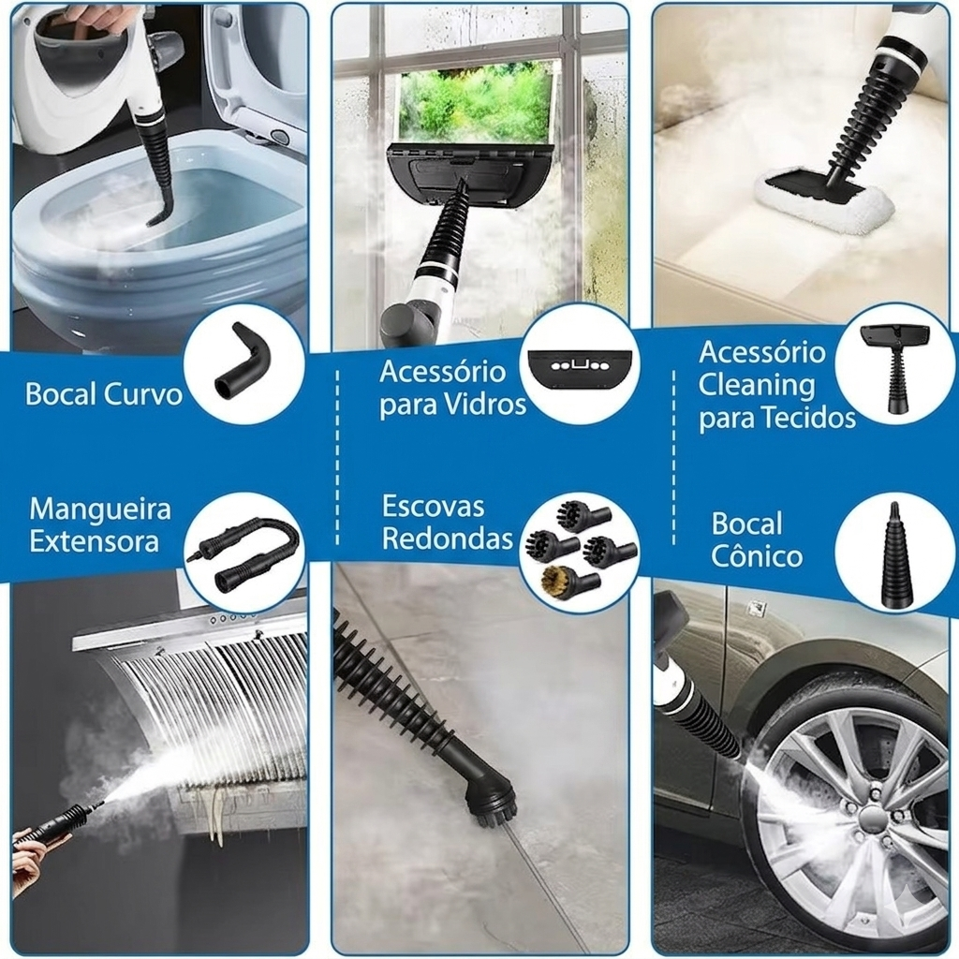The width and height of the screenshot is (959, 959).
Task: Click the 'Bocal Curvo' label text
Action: [104, 394]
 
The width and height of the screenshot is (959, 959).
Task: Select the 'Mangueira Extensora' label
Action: [99, 524]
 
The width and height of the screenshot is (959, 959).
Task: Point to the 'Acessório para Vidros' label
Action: [452, 388]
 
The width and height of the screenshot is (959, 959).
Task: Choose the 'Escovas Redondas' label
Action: [447, 523]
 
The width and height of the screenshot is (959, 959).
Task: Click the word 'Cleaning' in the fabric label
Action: [757, 386]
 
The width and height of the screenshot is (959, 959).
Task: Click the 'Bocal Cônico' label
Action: [757, 539]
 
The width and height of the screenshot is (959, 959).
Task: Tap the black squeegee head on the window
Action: [468, 174]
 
